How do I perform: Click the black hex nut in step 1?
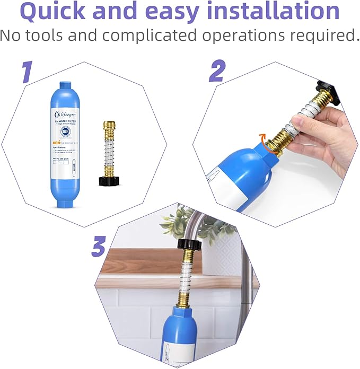pos(109,180)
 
